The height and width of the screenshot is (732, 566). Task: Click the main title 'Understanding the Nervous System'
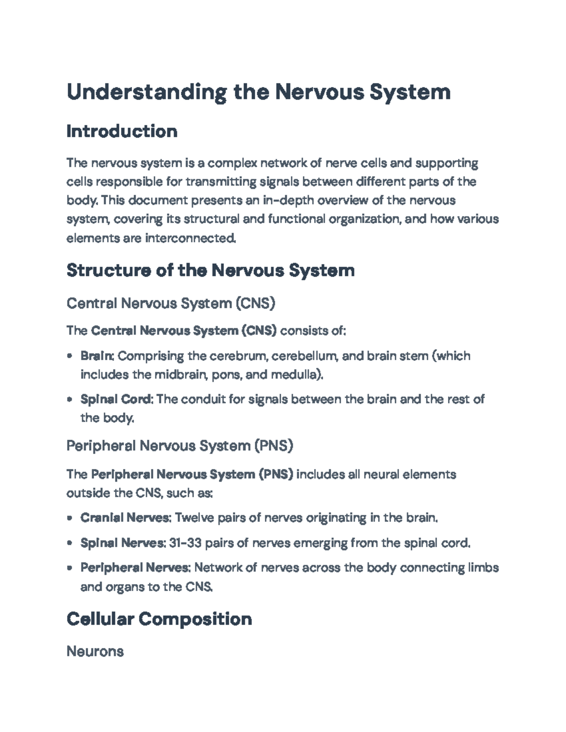click(258, 92)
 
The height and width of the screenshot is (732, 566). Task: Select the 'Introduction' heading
click(122, 131)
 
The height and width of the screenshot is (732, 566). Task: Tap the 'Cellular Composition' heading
click(159, 618)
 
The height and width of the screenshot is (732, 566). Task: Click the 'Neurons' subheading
click(95, 651)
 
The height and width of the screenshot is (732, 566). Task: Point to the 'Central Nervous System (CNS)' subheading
click(171, 303)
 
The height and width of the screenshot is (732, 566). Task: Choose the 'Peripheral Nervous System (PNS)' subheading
click(180, 446)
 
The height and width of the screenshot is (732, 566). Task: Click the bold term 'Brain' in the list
click(96, 356)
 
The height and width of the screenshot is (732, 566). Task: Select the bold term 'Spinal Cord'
click(116, 399)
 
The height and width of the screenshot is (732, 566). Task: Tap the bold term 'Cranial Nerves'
click(125, 518)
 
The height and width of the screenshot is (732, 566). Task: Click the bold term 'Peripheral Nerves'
click(135, 568)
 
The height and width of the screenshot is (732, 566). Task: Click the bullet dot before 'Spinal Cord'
click(70, 400)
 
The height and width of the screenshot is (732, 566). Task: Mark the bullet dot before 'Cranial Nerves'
click(70, 518)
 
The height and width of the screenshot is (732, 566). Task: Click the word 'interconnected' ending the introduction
click(190, 239)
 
